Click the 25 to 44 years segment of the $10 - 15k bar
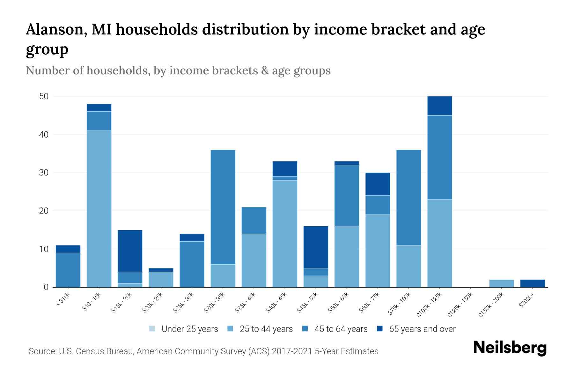coord(99,209)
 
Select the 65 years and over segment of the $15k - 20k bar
coord(130,251)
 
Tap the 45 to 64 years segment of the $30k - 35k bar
coord(223,207)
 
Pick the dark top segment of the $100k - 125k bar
coord(439,106)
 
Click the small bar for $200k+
coord(533,283)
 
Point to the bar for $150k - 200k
coord(501,283)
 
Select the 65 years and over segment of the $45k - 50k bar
coord(316,247)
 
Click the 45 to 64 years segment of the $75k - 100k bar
coord(408,197)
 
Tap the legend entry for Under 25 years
coord(189,329)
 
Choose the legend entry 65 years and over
coord(422,329)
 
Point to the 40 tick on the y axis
coord(44,134)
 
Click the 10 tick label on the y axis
coord(44,249)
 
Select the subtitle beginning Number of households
coord(178,70)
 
